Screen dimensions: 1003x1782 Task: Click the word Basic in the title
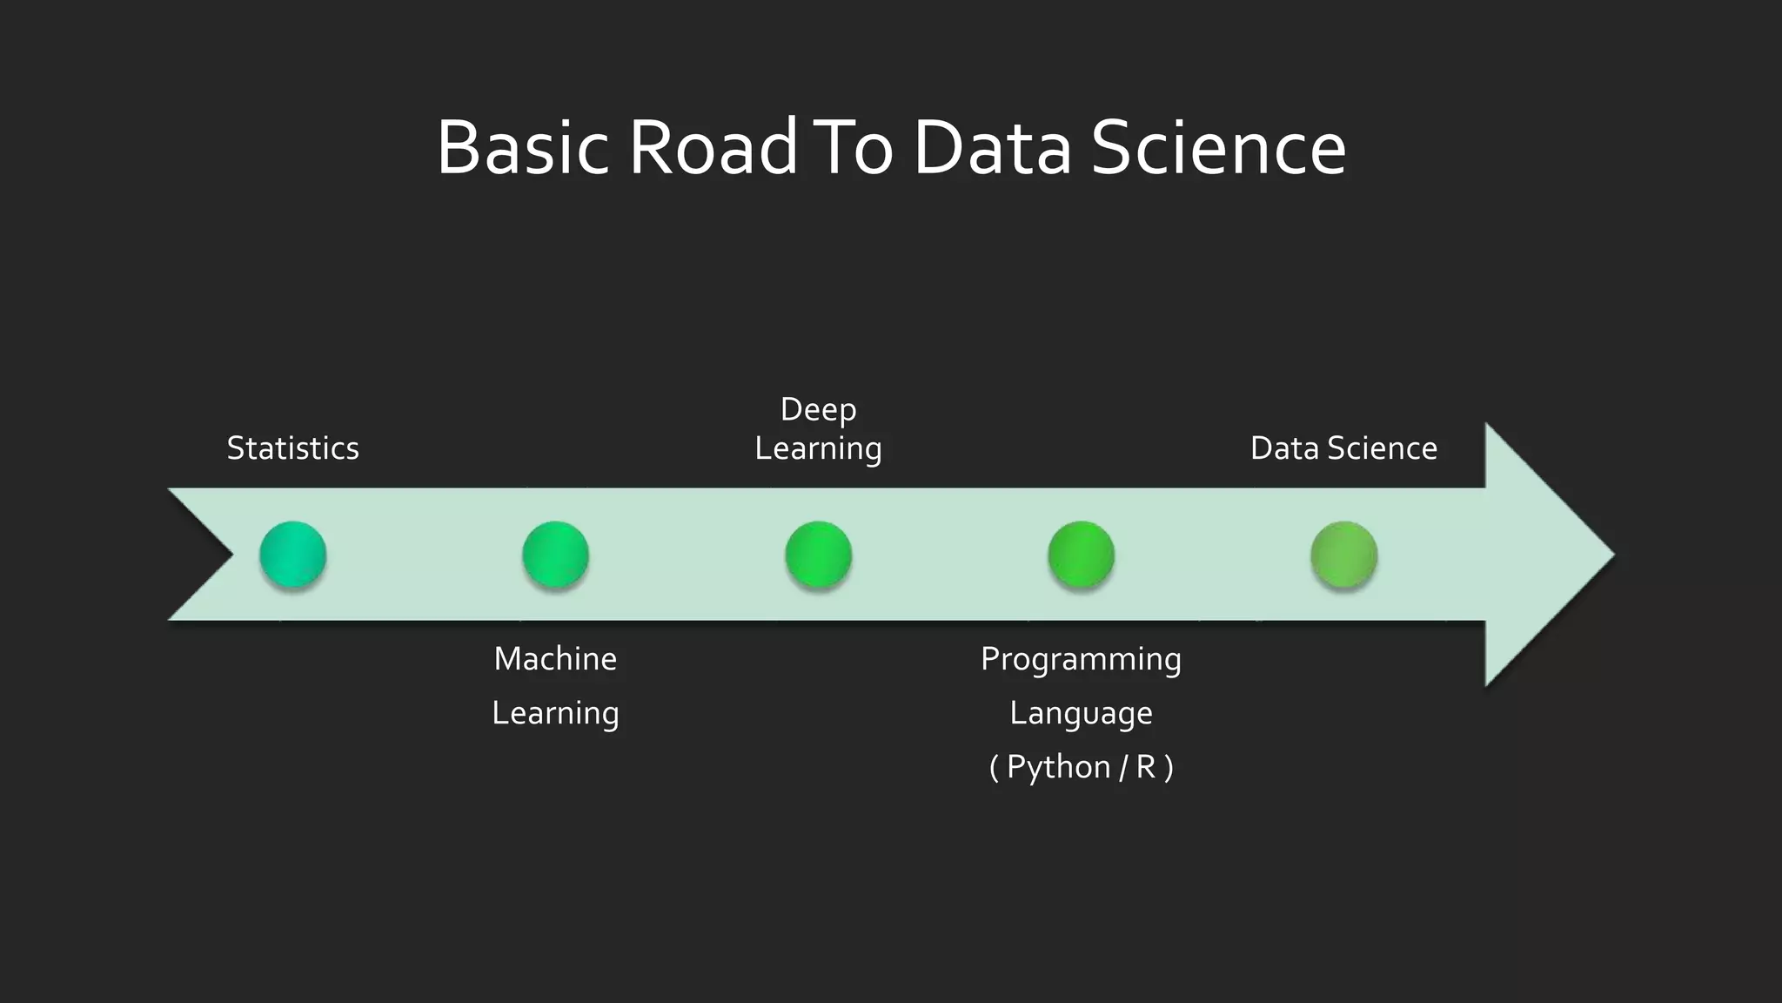pyautogui.click(x=522, y=148)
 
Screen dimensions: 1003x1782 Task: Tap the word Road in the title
pyautogui.click(x=712, y=148)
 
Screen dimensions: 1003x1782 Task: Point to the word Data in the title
pyautogui.click(x=992, y=148)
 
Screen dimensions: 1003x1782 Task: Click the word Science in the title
pyautogui.click(x=1218, y=148)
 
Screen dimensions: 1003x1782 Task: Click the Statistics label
pyautogui.click(x=292, y=448)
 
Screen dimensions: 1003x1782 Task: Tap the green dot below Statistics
pyautogui.click(x=293, y=555)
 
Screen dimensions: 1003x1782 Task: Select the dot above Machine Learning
pyautogui.click(x=556, y=555)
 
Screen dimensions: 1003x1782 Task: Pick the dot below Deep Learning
pyautogui.click(x=819, y=555)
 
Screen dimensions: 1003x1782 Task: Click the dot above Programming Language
pyautogui.click(x=1082, y=555)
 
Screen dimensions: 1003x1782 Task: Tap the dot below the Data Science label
pyautogui.click(x=1344, y=555)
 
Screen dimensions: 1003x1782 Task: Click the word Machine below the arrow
pyautogui.click(x=555, y=659)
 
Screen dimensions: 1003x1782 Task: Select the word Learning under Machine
pyautogui.click(x=555, y=713)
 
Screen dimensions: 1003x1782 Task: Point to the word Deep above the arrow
pyautogui.click(x=818, y=409)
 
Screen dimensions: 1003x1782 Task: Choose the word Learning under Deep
pyautogui.click(x=818, y=448)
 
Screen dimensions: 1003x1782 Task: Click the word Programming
pyautogui.click(x=1081, y=659)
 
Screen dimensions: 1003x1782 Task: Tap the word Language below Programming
pyautogui.click(x=1081, y=713)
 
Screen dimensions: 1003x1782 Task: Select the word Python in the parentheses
pyautogui.click(x=1058, y=767)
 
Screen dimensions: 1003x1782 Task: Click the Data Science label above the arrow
pyautogui.click(x=1343, y=448)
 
